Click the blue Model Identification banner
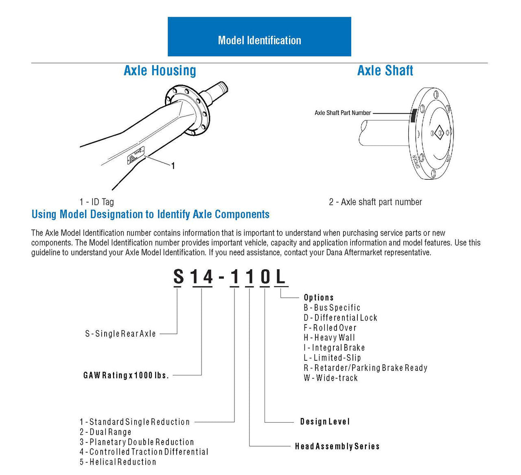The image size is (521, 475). (x=259, y=37)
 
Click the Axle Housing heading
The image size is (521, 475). (x=160, y=70)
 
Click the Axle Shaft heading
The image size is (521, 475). (x=385, y=70)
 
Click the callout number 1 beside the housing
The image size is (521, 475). (x=173, y=166)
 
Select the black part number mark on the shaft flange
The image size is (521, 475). (x=413, y=116)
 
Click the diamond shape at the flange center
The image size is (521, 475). (x=440, y=133)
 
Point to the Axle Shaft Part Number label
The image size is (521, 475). (x=343, y=113)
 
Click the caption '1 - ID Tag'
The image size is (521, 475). (x=97, y=202)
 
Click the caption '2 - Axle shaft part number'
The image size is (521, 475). (x=375, y=202)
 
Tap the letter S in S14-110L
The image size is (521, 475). (x=179, y=277)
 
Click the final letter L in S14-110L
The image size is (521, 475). (x=280, y=277)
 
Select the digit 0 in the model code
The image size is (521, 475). (x=265, y=277)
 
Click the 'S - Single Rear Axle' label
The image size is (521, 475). (x=120, y=333)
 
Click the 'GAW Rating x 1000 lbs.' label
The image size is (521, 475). (x=126, y=375)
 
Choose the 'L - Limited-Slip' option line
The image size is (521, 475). (x=332, y=358)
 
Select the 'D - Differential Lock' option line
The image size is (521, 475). (x=340, y=318)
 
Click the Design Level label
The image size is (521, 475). (x=325, y=422)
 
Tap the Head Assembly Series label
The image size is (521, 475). (x=337, y=446)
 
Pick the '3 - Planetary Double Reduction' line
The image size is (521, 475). (x=137, y=442)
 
